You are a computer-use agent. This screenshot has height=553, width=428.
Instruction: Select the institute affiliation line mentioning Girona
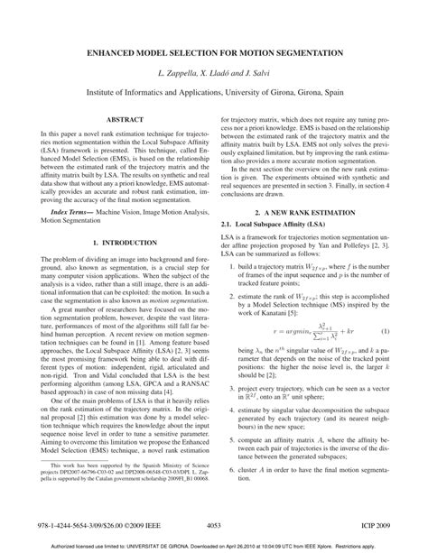click(x=214, y=91)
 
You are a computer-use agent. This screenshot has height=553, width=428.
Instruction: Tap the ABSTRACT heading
click(x=111, y=119)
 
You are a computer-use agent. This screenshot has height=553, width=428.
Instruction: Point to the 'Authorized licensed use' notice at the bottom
click(x=214, y=546)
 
